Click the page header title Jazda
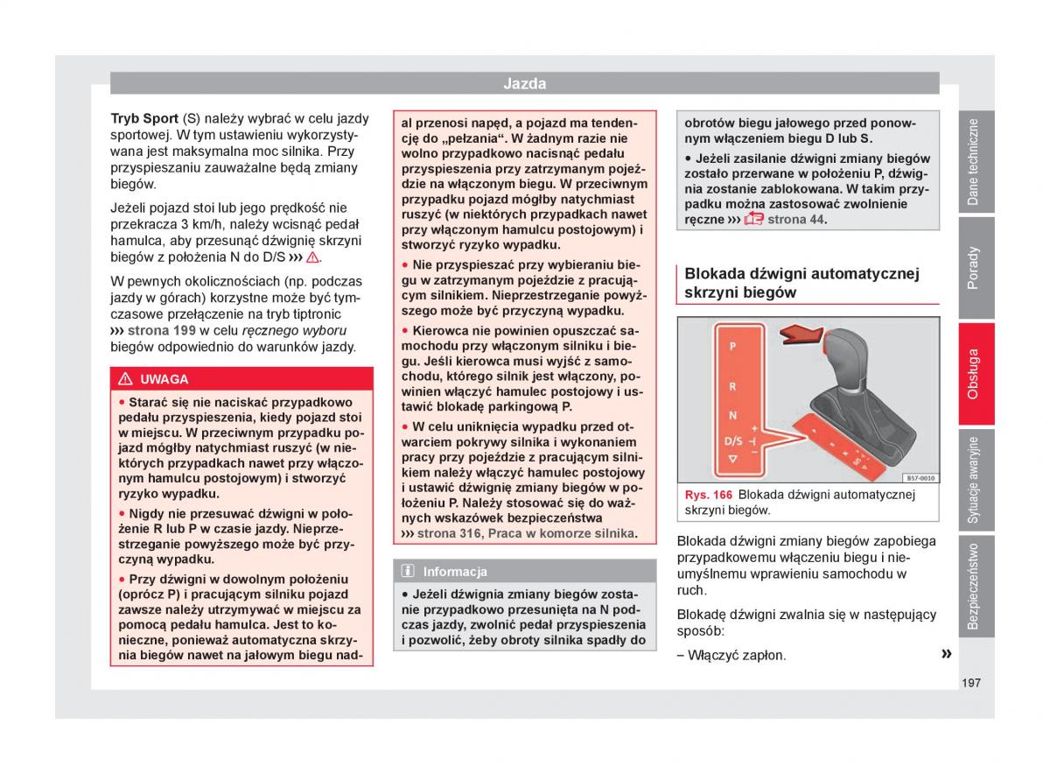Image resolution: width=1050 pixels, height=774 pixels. pyautogui.click(x=524, y=83)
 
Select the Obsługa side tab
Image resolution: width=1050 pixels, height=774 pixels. pyautogui.click(x=974, y=374)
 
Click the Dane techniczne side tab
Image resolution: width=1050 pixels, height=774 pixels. pyautogui.click(x=974, y=162)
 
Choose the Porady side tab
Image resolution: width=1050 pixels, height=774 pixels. pyautogui.click(x=974, y=268)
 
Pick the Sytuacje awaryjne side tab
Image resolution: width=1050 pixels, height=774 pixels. pyautogui.click(x=974, y=480)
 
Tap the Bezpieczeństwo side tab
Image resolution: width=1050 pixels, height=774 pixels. pyautogui.click(x=974, y=586)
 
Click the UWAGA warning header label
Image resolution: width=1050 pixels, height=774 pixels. pyautogui.click(x=164, y=379)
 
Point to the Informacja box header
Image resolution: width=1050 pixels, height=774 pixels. pyautogui.click(x=455, y=572)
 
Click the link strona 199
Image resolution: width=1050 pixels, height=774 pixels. pyautogui.click(x=162, y=330)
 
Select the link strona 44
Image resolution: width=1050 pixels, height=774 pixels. pyautogui.click(x=796, y=220)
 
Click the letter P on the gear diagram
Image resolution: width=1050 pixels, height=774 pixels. pyautogui.click(x=732, y=347)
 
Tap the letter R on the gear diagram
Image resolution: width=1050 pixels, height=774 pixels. pyautogui.click(x=732, y=387)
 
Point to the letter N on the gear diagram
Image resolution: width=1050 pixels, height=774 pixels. pyautogui.click(x=732, y=415)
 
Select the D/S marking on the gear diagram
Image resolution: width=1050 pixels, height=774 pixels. pyautogui.click(x=733, y=440)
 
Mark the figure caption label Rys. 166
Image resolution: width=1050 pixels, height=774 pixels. pyautogui.click(x=709, y=495)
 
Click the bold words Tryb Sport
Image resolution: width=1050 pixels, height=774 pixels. pyautogui.click(x=144, y=118)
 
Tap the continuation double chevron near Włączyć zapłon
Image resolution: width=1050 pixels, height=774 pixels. pyautogui.click(x=946, y=654)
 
